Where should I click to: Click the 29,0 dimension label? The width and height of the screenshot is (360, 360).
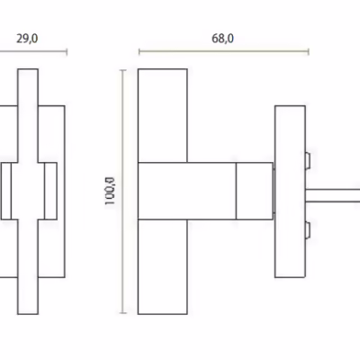coord(27,39)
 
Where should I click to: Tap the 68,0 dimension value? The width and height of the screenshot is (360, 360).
coord(222,39)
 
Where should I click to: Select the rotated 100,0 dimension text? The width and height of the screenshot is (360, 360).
coord(110,192)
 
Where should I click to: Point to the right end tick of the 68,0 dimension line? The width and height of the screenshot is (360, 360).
coord(309,52)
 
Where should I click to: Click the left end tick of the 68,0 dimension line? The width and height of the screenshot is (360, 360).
coord(139,52)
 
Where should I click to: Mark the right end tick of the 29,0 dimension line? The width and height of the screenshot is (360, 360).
coord(67,52)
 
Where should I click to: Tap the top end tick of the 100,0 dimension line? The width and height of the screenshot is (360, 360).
coord(123,70)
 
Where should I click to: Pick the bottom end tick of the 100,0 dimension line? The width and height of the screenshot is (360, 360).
coord(123,313)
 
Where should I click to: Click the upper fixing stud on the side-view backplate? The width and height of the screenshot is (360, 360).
coord(308,161)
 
